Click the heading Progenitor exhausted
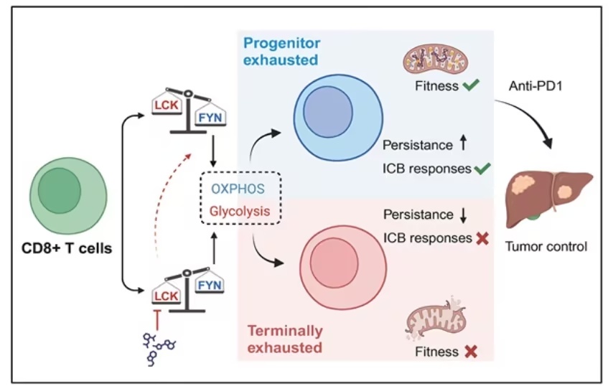(281, 52)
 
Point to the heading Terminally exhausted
(285, 339)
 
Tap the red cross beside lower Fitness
(472, 352)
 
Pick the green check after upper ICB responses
(482, 169)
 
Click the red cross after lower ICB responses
(482, 237)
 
